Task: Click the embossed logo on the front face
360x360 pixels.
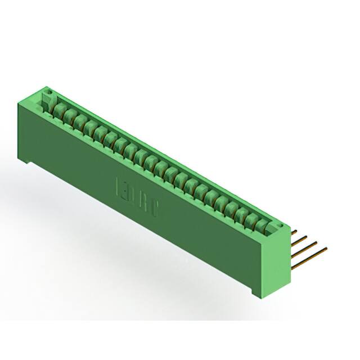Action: (x=138, y=196)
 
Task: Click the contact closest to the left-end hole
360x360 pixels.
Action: (x=58, y=106)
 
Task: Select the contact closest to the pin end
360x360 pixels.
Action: (x=262, y=225)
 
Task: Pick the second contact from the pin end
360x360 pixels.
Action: (x=251, y=219)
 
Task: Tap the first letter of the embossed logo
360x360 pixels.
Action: (x=119, y=186)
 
